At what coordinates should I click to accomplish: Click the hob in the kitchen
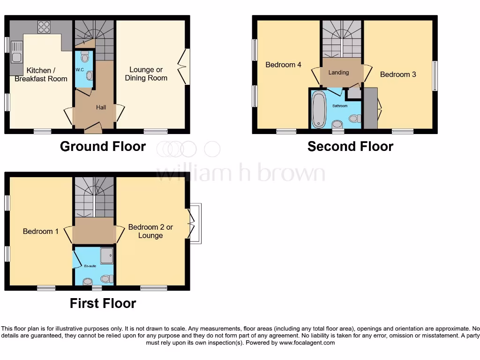coord(44,27)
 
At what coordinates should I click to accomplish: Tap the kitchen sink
coord(16,52)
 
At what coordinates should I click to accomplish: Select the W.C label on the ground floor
coord(79,70)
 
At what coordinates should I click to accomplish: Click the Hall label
coord(101,107)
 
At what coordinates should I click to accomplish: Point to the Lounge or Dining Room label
coord(146,74)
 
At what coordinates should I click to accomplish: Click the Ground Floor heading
coord(103,147)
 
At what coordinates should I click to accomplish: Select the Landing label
coord(338,73)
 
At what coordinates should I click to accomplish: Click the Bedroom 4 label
coord(283,65)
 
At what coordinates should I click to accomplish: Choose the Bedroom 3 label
coord(397,75)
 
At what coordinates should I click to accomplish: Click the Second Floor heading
coord(350,147)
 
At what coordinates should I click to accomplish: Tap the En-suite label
coord(90,266)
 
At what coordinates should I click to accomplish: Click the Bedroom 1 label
coord(41,231)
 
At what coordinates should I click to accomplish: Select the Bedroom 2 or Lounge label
coord(150,231)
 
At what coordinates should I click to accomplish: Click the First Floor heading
coord(103,303)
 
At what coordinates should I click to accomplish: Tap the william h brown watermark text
coord(240,173)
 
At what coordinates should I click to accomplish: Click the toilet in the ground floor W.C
coord(85,57)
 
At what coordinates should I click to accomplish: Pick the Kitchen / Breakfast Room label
coord(41,75)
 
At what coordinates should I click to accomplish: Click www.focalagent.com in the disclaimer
coord(307,343)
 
